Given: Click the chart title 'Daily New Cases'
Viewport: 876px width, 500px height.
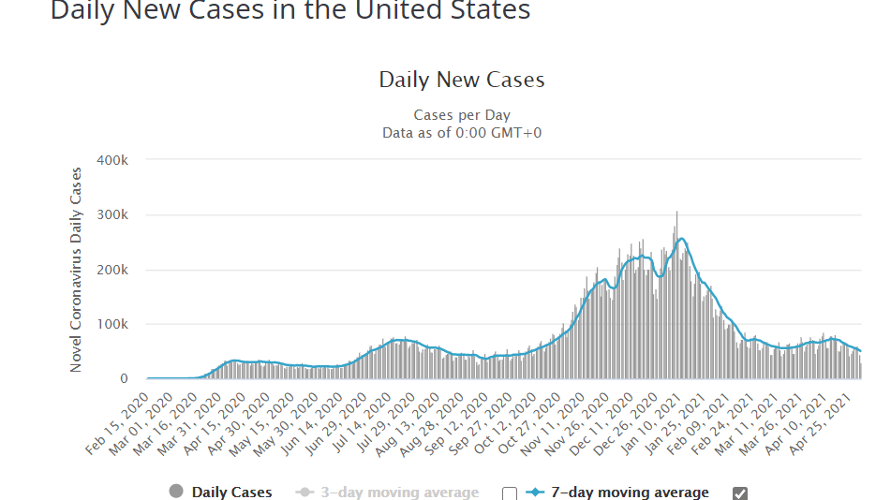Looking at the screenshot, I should [x=461, y=80].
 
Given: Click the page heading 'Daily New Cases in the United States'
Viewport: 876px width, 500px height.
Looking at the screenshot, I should [x=290, y=11].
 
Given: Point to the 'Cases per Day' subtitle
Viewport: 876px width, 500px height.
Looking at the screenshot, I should [x=462, y=115].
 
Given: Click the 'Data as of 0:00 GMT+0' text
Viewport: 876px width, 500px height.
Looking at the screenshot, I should [x=462, y=133].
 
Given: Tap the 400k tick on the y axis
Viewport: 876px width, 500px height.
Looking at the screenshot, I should [x=112, y=160].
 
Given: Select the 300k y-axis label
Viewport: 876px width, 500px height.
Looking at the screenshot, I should [x=112, y=215].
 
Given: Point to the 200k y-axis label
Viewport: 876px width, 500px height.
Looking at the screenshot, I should [x=112, y=270].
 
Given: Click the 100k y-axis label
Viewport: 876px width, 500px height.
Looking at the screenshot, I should [x=112, y=325].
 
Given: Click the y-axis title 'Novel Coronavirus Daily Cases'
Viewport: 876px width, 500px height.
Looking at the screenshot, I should [x=77, y=270].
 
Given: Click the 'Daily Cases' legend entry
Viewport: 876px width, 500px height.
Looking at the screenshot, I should [x=231, y=493].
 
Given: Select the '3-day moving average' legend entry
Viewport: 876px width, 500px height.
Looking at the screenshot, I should [x=399, y=493].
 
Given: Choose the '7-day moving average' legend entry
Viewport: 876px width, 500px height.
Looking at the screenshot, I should [x=629, y=493].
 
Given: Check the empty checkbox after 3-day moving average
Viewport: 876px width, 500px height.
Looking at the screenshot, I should [x=510, y=493].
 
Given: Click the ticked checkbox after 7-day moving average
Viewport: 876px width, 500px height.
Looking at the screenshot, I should [x=740, y=493].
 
